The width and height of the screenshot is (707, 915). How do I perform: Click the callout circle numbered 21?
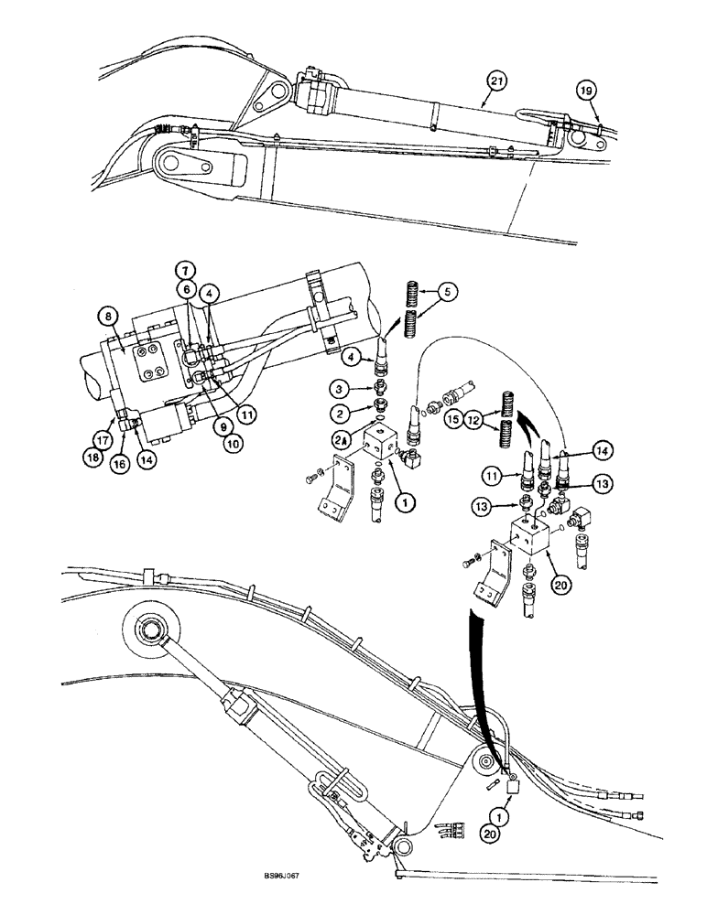click(x=495, y=82)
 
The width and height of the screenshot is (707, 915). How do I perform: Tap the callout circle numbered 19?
click(x=586, y=90)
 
